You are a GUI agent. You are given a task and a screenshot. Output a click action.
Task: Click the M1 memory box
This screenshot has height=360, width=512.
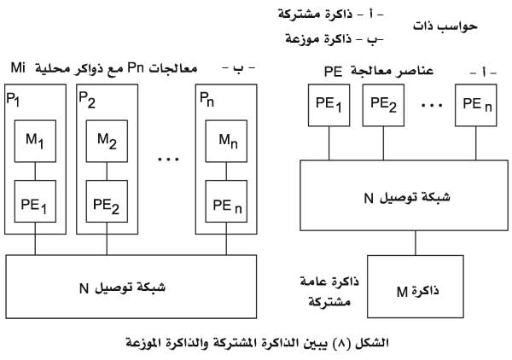(35, 141)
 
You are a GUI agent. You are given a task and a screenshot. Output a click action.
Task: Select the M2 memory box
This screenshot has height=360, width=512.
(107, 141)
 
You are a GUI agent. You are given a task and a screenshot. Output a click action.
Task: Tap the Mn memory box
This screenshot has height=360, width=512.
(226, 141)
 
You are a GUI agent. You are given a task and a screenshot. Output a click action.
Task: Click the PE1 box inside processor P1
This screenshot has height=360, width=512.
(35, 201)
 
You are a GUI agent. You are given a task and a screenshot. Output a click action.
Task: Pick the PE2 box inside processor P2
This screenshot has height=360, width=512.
(107, 201)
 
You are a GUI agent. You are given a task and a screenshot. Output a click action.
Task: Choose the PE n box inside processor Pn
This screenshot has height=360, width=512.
(226, 201)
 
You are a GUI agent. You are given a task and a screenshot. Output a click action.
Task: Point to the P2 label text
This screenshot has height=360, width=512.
(87, 99)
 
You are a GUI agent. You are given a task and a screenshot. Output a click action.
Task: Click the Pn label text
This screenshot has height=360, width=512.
(207, 99)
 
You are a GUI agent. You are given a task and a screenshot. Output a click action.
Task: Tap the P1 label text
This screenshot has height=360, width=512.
(13, 99)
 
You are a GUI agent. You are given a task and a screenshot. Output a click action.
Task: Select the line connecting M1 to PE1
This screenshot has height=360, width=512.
(35, 171)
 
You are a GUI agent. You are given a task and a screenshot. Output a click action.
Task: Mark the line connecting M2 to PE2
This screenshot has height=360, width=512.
(107, 171)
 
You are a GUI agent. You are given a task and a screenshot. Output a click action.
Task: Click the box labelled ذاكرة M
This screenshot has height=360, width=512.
(416, 287)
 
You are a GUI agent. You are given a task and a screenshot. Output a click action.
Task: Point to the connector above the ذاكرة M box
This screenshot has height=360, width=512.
(416, 243)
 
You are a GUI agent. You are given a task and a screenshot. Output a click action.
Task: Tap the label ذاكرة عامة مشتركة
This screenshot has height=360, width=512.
(329, 291)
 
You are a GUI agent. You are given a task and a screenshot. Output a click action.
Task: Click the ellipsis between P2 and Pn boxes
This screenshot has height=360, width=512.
(168, 159)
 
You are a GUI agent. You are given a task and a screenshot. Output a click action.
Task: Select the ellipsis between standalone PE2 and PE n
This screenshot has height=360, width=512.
(432, 105)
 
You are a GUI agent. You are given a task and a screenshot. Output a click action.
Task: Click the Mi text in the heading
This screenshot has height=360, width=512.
(18, 68)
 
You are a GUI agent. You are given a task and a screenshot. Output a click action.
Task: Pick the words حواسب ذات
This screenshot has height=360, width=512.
(445, 26)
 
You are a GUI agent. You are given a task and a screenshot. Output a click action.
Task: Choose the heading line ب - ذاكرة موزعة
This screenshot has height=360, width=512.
(335, 39)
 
